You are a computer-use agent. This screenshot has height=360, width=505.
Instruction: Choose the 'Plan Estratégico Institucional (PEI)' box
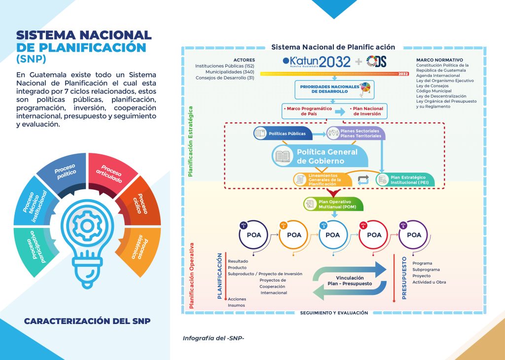point(405,180)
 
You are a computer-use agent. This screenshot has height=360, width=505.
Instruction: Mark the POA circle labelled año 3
point(333,235)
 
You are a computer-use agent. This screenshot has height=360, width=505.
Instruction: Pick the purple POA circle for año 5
point(414,235)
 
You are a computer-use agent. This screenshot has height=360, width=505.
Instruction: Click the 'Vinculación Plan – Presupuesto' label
point(350,281)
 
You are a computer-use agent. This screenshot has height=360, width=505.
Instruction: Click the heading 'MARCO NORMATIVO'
point(439,60)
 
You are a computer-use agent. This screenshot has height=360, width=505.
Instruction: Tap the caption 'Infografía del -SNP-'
point(214,338)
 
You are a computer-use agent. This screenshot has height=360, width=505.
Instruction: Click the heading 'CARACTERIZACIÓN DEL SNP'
point(87,321)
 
